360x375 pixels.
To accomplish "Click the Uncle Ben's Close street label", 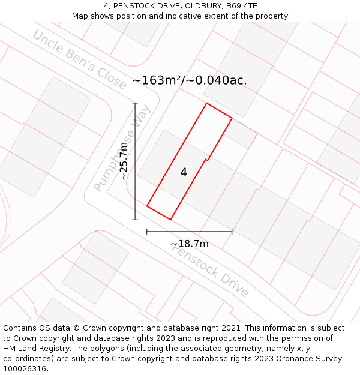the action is tap(80, 59).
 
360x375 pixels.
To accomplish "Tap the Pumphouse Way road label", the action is tap(122, 154).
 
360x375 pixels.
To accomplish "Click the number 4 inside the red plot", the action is tap(184, 173).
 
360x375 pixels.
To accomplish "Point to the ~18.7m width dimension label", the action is tap(190, 244).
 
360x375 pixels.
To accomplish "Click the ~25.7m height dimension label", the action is tap(124, 161).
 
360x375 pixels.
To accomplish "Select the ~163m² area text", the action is tap(157, 80).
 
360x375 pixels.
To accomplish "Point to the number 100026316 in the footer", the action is tap(25, 369).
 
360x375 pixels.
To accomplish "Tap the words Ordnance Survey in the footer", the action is tap(313, 359).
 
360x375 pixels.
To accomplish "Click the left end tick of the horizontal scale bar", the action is tap(147, 232).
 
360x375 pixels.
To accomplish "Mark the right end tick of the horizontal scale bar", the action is tap(232, 232).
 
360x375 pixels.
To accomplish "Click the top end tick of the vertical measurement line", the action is tap(135, 103).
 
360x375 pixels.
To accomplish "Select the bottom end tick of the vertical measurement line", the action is tap(135, 220).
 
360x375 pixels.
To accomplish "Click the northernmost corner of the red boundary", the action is tap(207, 103).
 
